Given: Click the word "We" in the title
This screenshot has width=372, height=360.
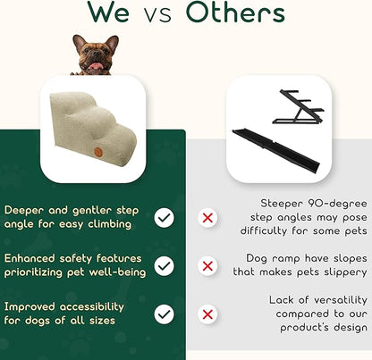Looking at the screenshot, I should click(112, 14).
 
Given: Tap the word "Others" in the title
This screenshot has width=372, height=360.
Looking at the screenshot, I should click(235, 14).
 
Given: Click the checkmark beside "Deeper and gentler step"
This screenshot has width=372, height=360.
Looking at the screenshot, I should click(165, 217).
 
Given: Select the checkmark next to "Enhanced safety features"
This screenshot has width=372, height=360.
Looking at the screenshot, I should click(165, 265).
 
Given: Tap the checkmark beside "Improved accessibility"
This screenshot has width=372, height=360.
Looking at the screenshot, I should click(165, 314).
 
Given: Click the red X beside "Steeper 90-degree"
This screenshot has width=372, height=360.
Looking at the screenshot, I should click(207, 217).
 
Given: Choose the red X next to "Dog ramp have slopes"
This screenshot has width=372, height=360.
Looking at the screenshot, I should click(207, 265).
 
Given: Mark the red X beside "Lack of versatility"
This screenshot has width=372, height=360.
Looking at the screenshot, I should click(207, 314).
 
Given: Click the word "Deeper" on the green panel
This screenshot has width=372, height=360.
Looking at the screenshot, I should click(24, 210).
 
